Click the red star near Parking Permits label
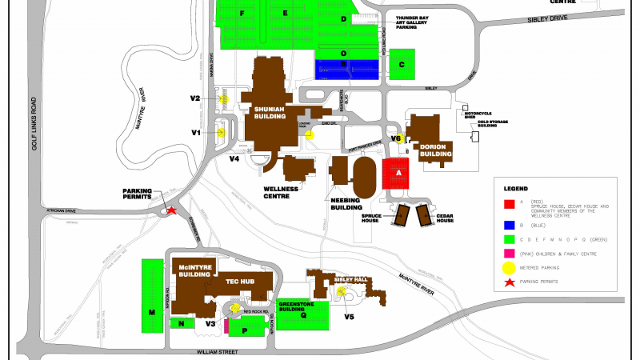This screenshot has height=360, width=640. (170, 211)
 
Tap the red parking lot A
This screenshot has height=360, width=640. (398, 173)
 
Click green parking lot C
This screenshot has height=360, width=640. (402, 64)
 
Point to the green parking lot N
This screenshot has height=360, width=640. (182, 323)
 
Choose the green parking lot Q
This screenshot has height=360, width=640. (303, 315)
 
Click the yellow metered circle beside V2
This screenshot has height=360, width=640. (225, 98)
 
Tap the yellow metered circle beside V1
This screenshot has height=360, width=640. (222, 132)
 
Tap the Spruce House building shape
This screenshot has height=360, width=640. (399, 215)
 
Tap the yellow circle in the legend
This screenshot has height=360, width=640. (506, 268)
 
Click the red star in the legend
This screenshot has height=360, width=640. (506, 282)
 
